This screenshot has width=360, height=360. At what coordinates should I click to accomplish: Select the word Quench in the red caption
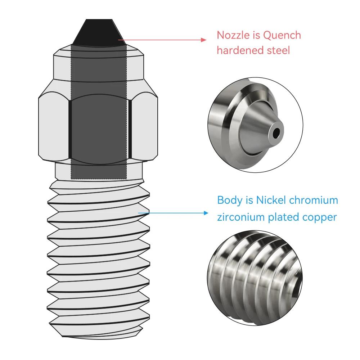click(282, 35)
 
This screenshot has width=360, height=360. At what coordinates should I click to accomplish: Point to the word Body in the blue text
click(230, 200)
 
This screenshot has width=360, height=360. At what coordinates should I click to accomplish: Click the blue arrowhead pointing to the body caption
click(206, 213)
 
